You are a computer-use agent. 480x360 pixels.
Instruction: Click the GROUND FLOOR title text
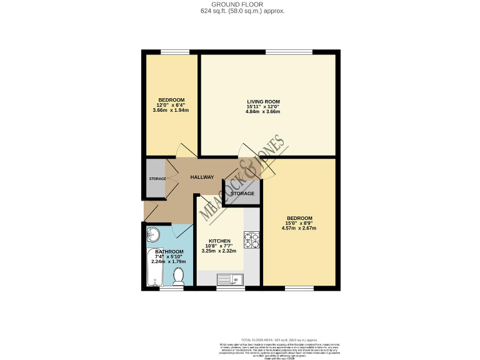(x=241, y=4)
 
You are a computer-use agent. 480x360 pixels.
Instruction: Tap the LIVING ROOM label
(x=263, y=101)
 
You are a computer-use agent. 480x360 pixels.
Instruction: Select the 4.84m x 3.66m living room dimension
(x=263, y=112)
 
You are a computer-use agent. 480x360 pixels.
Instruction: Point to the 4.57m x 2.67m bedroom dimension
(x=299, y=228)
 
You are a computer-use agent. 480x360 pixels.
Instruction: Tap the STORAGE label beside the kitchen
(x=242, y=194)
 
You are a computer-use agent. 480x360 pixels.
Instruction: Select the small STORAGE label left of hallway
(x=157, y=179)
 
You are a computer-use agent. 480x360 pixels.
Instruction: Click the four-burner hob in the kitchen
(x=251, y=240)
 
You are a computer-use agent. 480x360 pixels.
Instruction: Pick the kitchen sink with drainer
(x=229, y=279)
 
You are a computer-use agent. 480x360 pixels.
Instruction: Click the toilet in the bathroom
(x=178, y=277)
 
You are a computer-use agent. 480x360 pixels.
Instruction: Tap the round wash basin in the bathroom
(x=153, y=234)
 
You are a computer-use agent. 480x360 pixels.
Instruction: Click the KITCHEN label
(x=219, y=241)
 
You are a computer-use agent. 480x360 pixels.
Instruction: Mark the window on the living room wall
(x=289, y=51)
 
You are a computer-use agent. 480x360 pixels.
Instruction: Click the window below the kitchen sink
(x=229, y=289)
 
